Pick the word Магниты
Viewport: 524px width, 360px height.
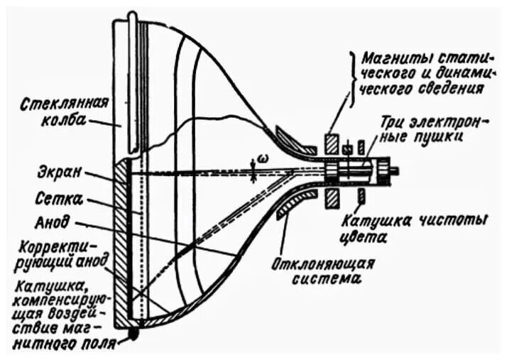point(395,56)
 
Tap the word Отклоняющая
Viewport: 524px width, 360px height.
point(323,263)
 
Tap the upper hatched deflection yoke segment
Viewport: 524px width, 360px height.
point(292,138)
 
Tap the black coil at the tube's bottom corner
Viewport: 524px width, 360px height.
point(133,331)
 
